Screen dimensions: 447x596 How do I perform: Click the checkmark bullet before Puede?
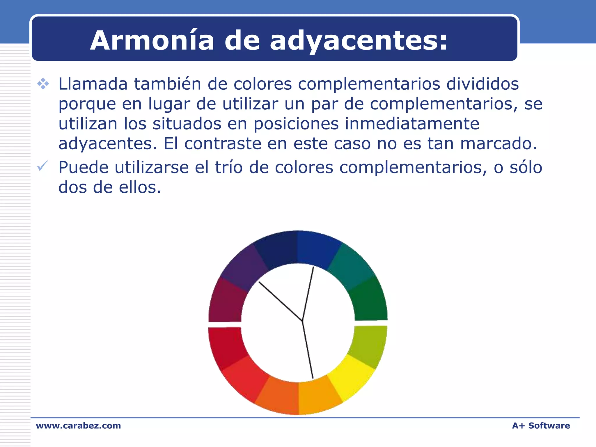click(x=42, y=166)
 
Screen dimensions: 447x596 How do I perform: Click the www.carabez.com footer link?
click(x=78, y=425)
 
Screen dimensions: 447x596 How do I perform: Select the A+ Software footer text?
click(x=541, y=425)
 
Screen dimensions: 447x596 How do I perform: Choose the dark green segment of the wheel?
click(x=369, y=300)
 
